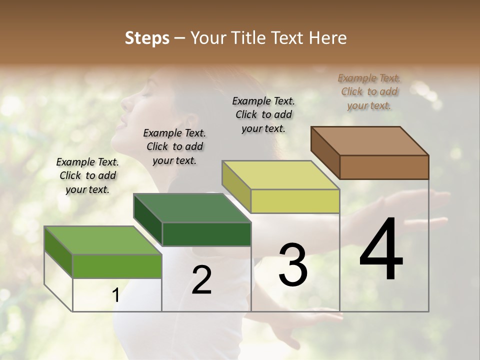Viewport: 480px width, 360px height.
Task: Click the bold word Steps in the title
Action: tap(147, 38)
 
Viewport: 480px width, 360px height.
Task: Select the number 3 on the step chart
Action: tap(292, 265)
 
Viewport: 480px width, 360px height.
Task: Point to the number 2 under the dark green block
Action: tap(201, 280)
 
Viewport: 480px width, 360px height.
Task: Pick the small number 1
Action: tap(115, 295)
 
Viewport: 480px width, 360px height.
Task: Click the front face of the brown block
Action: tap(384, 167)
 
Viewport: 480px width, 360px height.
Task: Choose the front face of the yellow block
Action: tap(295, 201)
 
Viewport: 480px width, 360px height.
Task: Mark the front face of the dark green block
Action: tap(206, 234)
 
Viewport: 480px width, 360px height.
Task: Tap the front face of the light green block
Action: tap(117, 266)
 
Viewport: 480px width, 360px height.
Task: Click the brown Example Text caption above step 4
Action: tap(369, 91)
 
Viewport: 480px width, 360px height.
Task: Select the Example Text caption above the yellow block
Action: tap(263, 114)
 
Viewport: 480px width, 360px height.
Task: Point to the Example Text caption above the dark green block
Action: tap(174, 146)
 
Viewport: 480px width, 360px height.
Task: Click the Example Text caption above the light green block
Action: tap(87, 175)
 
